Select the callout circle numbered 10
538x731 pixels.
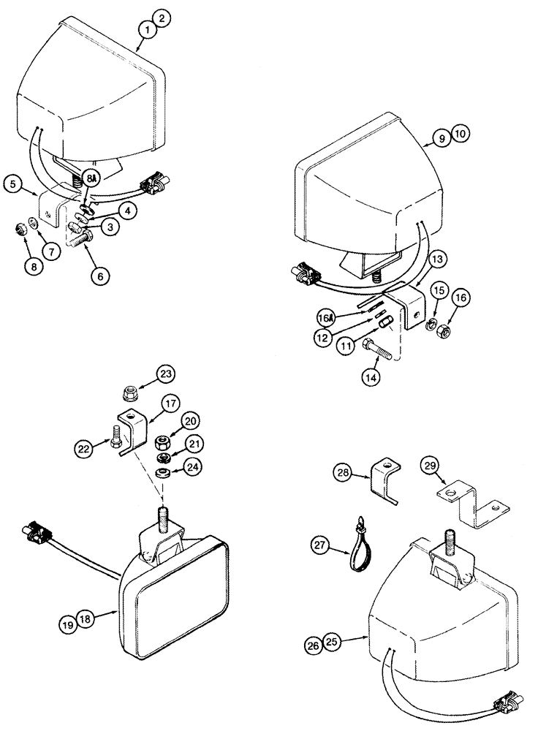click(461, 135)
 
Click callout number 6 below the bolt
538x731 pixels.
click(99, 276)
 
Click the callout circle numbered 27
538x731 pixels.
click(319, 545)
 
